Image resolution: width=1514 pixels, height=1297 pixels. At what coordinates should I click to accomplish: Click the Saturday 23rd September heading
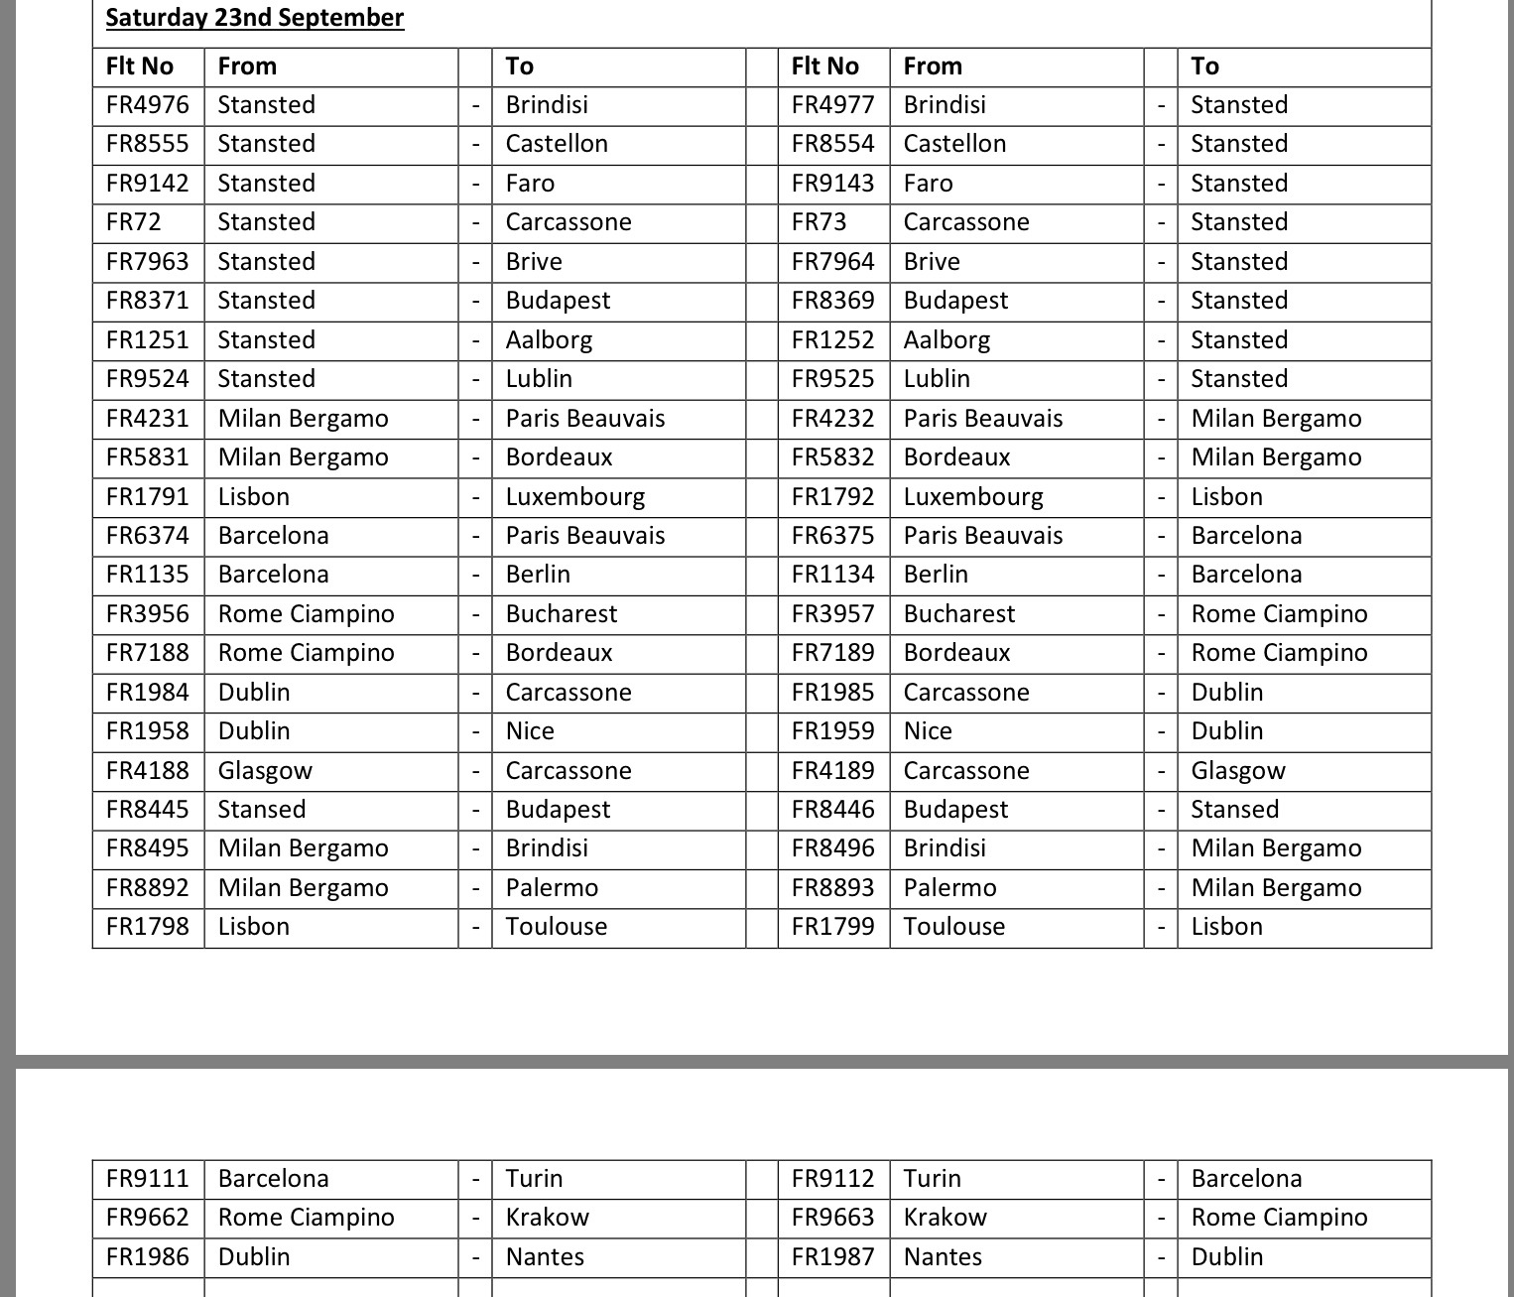(254, 18)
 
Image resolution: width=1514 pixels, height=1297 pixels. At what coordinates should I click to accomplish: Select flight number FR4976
(147, 105)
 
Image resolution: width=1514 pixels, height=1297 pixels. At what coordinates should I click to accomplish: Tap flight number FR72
(133, 222)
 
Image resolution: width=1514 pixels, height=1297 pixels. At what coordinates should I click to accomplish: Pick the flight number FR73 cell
(819, 222)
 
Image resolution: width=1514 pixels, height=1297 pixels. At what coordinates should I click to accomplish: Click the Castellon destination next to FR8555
(557, 144)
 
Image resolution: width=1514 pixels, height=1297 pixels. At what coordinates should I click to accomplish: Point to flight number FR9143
(832, 184)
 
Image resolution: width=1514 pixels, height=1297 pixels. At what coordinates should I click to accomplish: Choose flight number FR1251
(147, 340)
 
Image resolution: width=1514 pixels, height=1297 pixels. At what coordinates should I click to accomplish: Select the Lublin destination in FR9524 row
(539, 379)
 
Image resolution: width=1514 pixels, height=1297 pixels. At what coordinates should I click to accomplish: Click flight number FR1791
(147, 497)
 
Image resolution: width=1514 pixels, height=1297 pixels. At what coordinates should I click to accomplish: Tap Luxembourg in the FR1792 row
(973, 497)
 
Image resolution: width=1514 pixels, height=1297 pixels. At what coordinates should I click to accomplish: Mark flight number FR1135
(147, 575)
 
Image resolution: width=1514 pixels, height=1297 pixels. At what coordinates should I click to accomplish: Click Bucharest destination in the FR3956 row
(562, 614)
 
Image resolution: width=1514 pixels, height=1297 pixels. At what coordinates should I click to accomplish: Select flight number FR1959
(832, 731)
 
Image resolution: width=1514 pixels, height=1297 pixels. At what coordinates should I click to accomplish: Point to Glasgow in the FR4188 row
(265, 771)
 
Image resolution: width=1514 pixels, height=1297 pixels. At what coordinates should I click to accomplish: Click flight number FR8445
(147, 810)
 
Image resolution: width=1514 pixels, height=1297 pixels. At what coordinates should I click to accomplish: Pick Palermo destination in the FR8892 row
(552, 888)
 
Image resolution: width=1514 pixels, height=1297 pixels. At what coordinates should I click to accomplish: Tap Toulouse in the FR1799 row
(954, 927)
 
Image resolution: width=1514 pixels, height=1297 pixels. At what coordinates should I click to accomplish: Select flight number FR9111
(147, 1179)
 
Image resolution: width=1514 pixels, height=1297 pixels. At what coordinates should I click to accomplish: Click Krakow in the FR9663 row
(946, 1218)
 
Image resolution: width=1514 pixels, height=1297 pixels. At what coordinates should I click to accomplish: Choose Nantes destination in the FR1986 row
(545, 1257)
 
